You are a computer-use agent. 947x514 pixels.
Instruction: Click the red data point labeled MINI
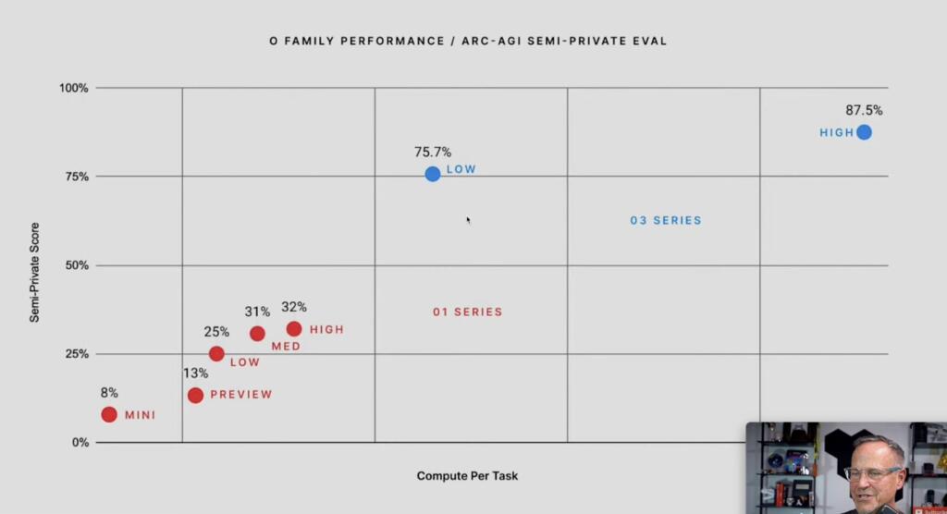click(109, 414)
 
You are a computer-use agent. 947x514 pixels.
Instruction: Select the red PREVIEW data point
click(195, 395)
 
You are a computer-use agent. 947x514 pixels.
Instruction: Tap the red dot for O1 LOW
click(216, 353)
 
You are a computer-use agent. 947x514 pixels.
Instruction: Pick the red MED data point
click(257, 333)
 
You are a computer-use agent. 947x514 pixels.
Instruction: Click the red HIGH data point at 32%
click(294, 328)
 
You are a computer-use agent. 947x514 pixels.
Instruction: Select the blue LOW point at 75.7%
click(433, 174)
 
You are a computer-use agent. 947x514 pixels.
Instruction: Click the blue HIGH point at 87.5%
click(864, 132)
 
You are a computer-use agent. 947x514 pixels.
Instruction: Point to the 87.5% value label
click(864, 110)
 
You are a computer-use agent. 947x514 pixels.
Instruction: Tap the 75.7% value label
click(433, 153)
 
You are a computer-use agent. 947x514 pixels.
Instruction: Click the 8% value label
click(109, 393)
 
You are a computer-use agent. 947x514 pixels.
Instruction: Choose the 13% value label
click(194, 373)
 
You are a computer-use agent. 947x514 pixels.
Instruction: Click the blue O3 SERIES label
click(666, 221)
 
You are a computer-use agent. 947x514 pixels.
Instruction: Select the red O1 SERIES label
click(468, 312)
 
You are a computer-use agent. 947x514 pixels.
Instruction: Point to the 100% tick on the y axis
click(74, 88)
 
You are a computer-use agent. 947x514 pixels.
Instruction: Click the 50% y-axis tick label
click(77, 265)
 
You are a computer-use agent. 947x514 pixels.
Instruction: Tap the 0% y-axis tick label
click(80, 442)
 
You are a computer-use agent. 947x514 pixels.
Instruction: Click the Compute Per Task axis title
click(467, 476)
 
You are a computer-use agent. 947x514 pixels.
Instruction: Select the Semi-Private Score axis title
click(34, 272)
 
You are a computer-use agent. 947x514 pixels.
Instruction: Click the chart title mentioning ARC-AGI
click(467, 42)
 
